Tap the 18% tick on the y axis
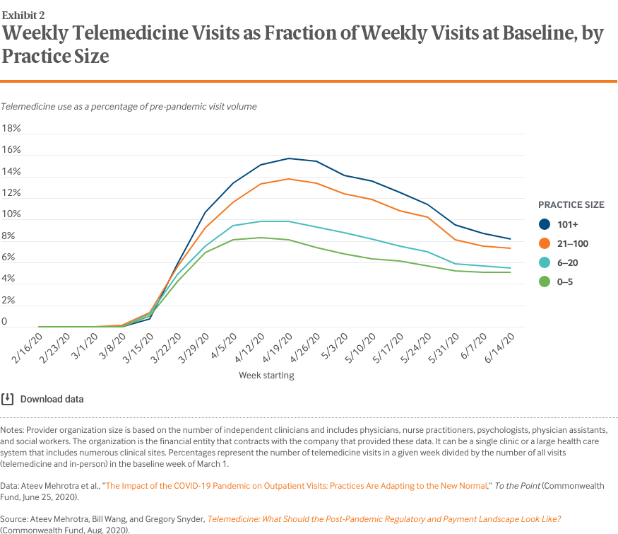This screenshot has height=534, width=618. pos(12,129)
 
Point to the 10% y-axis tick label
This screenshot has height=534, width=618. pos(12,214)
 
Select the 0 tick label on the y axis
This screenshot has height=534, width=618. pos(5,322)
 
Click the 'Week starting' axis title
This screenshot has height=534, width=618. pos(266,375)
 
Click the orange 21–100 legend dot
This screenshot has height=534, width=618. pos(545,243)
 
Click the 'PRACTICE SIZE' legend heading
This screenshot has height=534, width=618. pos(571,204)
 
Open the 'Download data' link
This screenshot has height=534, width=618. pos(52,399)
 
